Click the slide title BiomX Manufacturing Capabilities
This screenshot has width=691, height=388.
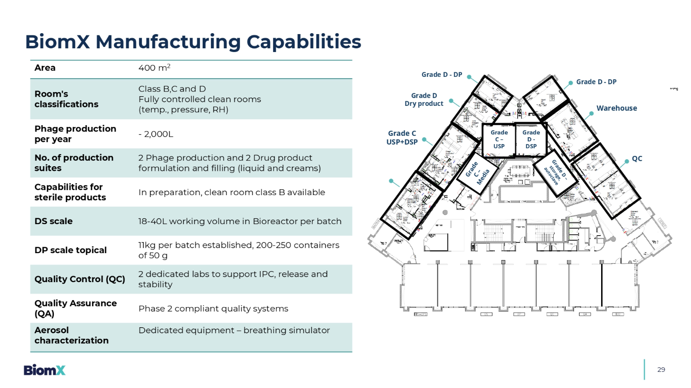pos(193,42)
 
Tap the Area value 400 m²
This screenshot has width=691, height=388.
pos(154,68)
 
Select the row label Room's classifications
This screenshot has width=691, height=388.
pos(66,99)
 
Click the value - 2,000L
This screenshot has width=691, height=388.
pos(156,134)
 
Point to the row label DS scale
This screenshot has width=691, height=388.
pos(53,221)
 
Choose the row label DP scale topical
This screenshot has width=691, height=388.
pos(70,250)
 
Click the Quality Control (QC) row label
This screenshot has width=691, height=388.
pos(80,279)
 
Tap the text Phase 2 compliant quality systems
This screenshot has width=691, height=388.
pos(213,309)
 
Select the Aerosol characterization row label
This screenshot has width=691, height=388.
pos(71,336)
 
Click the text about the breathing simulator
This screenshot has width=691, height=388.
pos(234,330)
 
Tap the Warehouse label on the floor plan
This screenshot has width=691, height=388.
pos(616,108)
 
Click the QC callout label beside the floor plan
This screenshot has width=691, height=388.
pos(637,159)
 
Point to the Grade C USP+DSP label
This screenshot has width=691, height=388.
pos(402,138)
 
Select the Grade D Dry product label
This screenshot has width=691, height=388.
pos(424,100)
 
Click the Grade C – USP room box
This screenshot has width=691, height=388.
pos(499,139)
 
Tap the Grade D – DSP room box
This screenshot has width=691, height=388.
pos(531,139)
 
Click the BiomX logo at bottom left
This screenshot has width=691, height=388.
pos(45,370)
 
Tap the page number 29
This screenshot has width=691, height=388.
pos(661,370)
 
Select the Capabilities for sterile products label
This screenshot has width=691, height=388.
pos(70,192)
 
